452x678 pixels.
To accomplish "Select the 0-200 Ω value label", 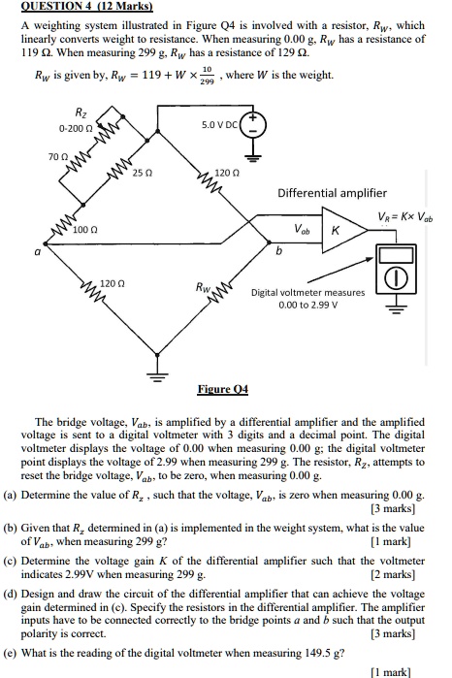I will [76, 128].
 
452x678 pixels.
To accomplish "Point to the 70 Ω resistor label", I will [57, 155].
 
